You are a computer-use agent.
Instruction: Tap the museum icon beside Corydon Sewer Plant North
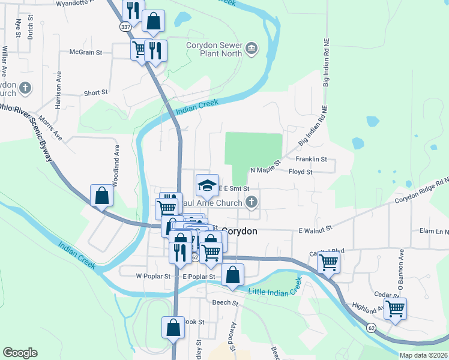click(x=252, y=49)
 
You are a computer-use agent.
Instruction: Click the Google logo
click(x=20, y=353)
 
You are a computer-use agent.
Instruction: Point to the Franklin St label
click(x=311, y=160)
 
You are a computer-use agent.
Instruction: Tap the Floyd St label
click(x=301, y=172)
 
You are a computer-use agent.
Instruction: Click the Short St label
click(x=95, y=93)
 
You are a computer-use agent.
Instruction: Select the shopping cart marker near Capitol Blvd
click(x=328, y=262)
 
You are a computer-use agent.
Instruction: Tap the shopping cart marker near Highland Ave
click(x=395, y=308)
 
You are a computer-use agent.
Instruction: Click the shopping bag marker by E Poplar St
click(x=233, y=275)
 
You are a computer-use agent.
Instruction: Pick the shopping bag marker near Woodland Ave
click(x=101, y=195)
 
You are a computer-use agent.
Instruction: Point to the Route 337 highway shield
click(x=125, y=27)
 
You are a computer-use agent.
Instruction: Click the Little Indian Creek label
click(x=274, y=291)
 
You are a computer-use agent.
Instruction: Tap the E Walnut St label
click(x=316, y=230)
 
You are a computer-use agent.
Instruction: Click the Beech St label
click(x=225, y=304)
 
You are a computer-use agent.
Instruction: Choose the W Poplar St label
click(x=153, y=277)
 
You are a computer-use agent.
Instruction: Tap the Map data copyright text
click(x=424, y=355)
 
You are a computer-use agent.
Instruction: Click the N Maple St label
click(x=266, y=170)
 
